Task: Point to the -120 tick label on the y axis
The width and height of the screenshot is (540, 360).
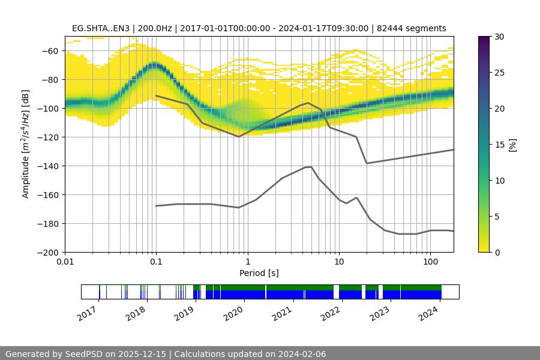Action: [49, 137]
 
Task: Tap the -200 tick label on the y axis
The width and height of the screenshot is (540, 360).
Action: [49, 252]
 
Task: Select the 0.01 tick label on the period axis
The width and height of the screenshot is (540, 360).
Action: [65, 262]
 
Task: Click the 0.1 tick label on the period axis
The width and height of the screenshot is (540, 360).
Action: [156, 262]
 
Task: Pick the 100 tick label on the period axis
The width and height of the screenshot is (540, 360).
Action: [430, 262]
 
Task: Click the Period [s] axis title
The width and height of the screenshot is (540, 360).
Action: [259, 273]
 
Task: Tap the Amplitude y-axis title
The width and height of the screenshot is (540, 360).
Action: [26, 144]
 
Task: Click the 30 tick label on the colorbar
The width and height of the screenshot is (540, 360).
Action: [499, 37]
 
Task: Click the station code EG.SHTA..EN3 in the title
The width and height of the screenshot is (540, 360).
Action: [99, 28]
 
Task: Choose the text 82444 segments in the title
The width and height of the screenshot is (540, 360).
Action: [415, 28]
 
